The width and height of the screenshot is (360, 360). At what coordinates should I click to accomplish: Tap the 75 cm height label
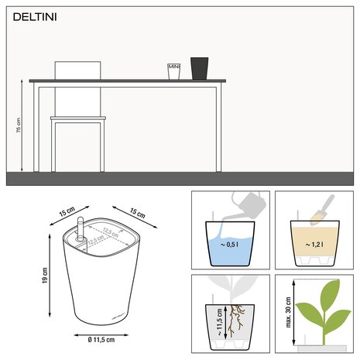pyautogui.click(x=19, y=126)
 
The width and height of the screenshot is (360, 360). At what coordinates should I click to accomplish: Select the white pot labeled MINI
pyautogui.click(x=174, y=70)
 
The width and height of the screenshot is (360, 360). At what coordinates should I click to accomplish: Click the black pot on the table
pyautogui.click(x=200, y=67)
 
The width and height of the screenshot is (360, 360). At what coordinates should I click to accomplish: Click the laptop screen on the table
pyautogui.click(x=77, y=70)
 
